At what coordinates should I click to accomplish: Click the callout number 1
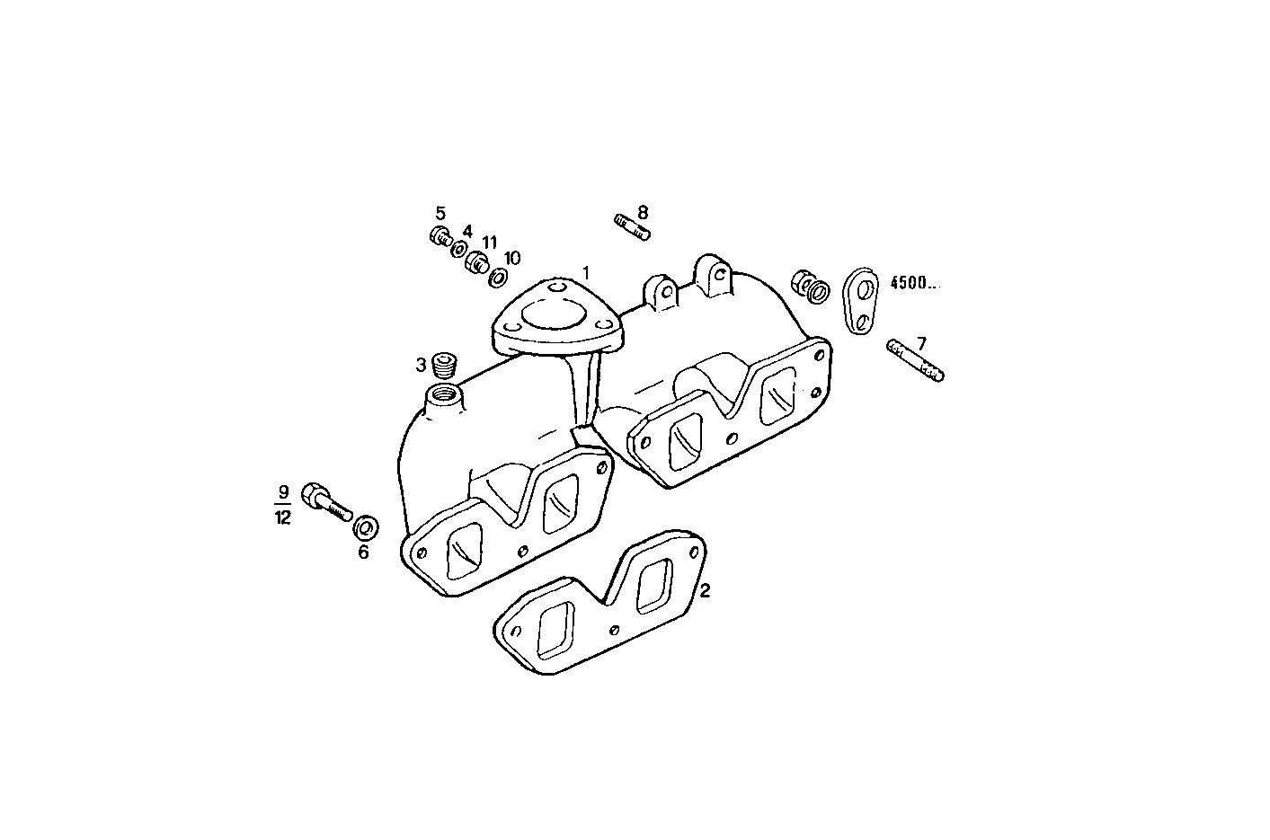(x=586, y=271)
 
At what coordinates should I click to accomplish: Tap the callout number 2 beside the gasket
(x=706, y=590)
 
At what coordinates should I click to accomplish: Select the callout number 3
(x=421, y=365)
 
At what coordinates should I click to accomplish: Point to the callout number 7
(x=920, y=342)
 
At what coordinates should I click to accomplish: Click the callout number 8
(x=642, y=213)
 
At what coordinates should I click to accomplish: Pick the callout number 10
(x=511, y=258)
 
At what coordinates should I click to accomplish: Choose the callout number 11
(x=490, y=243)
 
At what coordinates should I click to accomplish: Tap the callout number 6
(x=363, y=552)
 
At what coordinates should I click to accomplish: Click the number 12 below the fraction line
(x=283, y=517)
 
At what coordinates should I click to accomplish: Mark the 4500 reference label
(x=913, y=282)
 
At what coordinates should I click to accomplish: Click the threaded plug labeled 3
(x=444, y=365)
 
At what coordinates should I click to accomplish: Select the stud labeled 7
(x=915, y=360)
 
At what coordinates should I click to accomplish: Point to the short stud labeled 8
(x=632, y=226)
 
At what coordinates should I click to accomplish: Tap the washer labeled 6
(x=366, y=526)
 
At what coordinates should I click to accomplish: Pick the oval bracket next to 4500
(x=861, y=301)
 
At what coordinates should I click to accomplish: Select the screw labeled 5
(x=440, y=236)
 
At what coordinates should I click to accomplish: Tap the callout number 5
(x=440, y=213)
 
